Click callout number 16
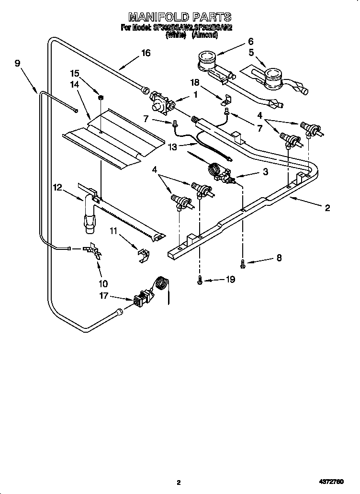(x=145, y=53)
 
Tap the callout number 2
(x=327, y=207)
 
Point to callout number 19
(x=230, y=280)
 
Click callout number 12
(x=57, y=188)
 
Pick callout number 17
(x=104, y=296)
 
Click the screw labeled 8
(x=243, y=262)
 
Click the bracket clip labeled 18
(x=225, y=100)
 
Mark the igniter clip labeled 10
(x=94, y=251)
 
